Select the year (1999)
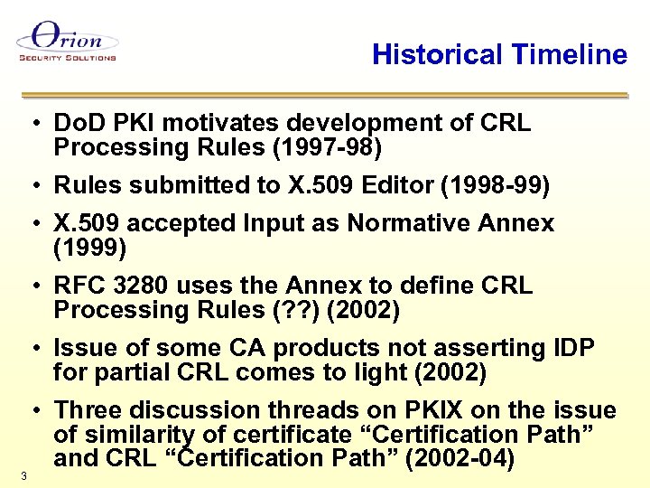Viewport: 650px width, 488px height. coord(90,247)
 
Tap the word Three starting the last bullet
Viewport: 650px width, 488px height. coord(92,411)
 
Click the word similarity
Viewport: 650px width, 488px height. coord(137,436)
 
